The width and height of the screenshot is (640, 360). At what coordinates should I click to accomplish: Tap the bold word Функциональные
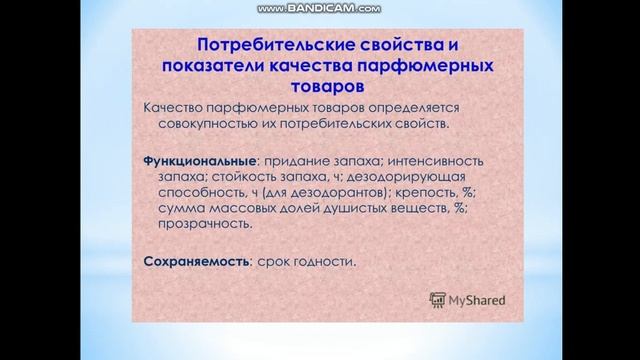click(201, 160)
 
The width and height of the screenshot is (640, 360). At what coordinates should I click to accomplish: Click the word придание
click(302, 160)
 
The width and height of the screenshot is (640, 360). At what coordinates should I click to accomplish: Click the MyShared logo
click(468, 298)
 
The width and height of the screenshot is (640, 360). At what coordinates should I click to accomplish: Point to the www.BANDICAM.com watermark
click(319, 8)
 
